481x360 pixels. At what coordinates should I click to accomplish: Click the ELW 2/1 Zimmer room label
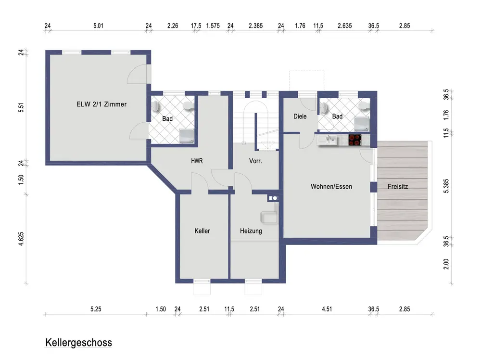coord(101,104)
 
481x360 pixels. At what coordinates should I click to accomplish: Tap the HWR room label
coord(197,161)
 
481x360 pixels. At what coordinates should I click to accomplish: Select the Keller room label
coord(202,231)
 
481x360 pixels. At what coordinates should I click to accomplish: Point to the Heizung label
coord(251,231)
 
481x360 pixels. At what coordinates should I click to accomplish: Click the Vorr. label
coord(255,161)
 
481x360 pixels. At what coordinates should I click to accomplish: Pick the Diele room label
coord(300,116)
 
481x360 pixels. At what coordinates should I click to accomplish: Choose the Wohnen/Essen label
coord(331,187)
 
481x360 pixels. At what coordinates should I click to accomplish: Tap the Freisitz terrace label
coord(398,186)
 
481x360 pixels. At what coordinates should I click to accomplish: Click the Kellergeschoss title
coord(79,343)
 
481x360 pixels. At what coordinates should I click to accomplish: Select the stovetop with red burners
coord(355,140)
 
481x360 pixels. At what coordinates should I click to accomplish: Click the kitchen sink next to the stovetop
coord(330,140)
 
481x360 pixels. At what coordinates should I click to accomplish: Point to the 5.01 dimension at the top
coord(99,26)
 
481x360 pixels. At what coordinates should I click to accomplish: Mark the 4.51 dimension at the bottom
coord(327,309)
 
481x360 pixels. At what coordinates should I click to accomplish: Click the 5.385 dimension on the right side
coord(446,186)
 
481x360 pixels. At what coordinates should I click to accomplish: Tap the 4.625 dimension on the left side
coord(21,239)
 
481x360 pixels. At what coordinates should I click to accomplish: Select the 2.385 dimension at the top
coord(256,26)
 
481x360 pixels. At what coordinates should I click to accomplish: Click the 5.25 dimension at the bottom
coord(96,309)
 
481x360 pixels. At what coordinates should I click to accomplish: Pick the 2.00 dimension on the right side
coord(446,264)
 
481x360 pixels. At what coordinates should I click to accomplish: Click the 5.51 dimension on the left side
coord(21,107)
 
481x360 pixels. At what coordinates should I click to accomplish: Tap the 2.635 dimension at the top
coord(345,26)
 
